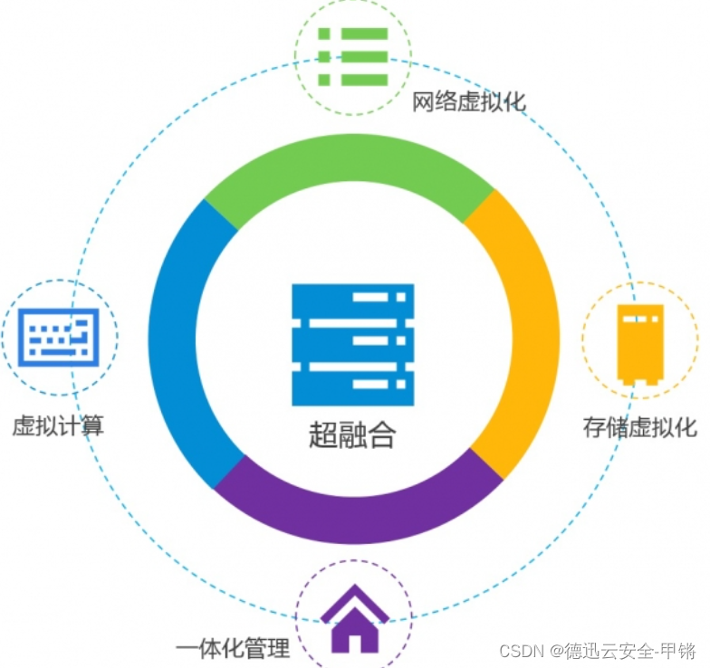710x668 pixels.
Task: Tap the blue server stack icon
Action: (x=352, y=344)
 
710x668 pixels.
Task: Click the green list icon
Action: (x=353, y=57)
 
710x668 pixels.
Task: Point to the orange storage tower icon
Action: (x=640, y=343)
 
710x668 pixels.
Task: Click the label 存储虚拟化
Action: (x=639, y=427)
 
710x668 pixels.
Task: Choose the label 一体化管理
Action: (x=233, y=648)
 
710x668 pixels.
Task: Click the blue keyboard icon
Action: (x=59, y=337)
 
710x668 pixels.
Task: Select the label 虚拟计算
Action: (x=58, y=425)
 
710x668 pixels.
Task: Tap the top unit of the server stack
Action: (x=352, y=298)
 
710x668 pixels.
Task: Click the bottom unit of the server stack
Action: (x=352, y=384)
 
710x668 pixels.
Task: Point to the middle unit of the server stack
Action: (x=352, y=340)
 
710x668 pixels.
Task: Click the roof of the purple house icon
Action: (x=354, y=601)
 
